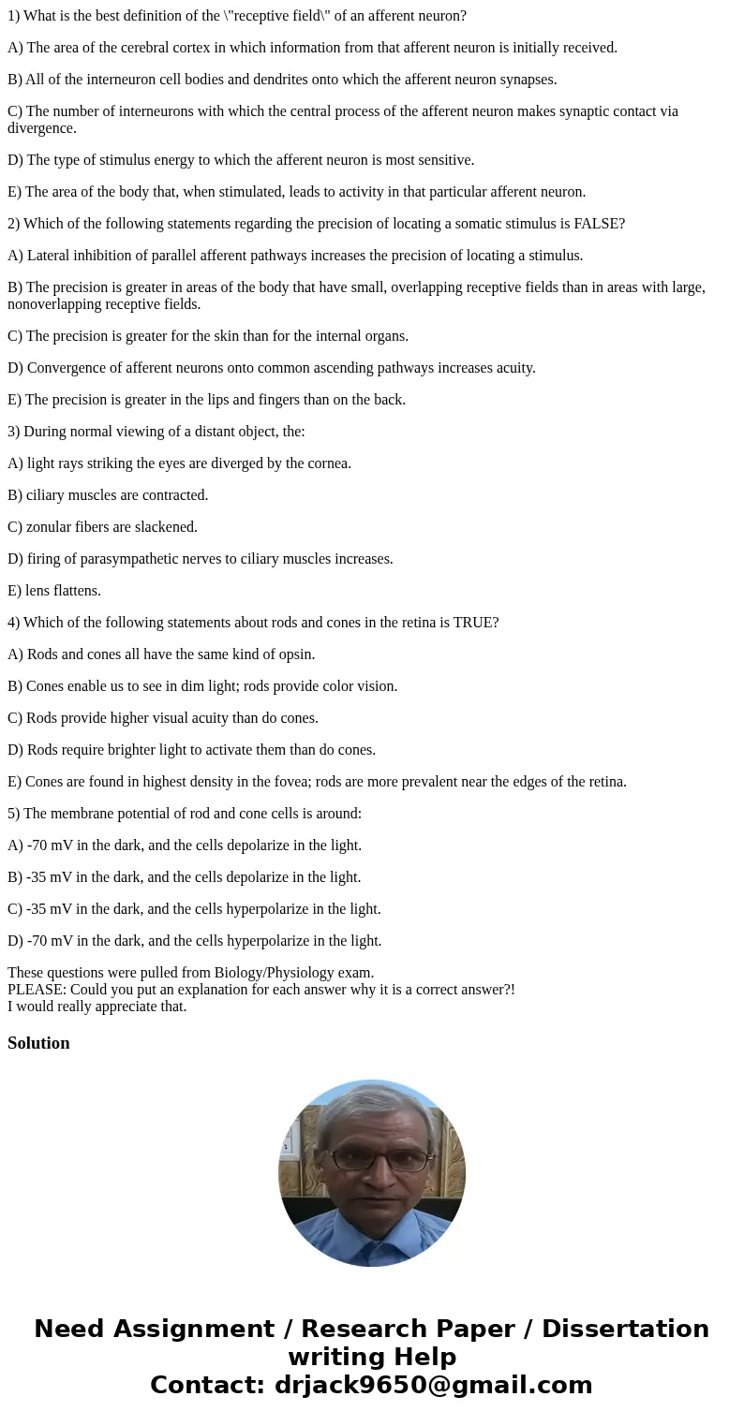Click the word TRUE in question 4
(x=473, y=623)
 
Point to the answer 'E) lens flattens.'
(x=54, y=591)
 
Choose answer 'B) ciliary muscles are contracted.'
(x=108, y=495)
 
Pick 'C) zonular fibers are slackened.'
(x=102, y=527)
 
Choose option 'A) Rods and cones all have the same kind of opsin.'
(x=161, y=654)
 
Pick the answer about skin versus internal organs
(x=208, y=336)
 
